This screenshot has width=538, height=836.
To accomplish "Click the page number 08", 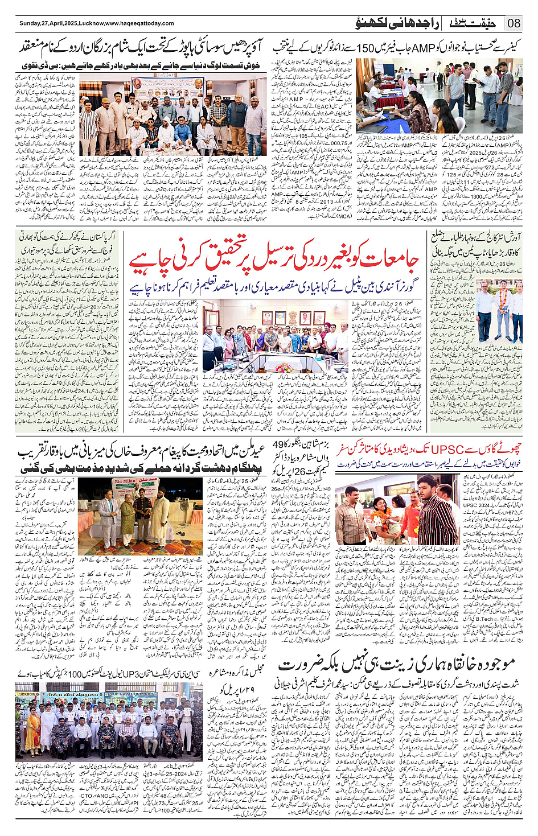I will (x=514, y=23).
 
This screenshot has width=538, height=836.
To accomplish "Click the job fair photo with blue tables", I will (x=439, y=94).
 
